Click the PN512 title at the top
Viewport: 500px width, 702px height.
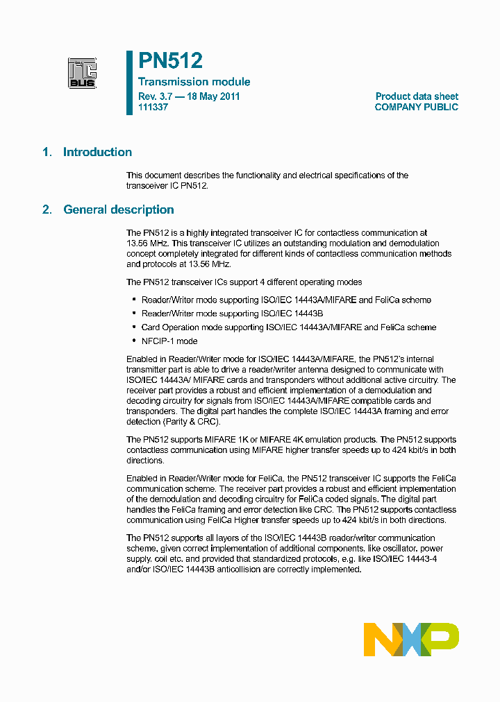(x=170, y=62)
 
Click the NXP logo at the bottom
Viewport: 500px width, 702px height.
(x=411, y=639)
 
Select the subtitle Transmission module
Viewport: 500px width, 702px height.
(x=194, y=82)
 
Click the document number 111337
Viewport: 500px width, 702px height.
(x=153, y=108)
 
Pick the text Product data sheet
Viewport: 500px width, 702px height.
(x=417, y=96)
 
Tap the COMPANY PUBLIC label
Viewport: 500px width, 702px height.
(x=416, y=108)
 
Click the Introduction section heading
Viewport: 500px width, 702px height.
(x=97, y=153)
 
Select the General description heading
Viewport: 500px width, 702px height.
(x=119, y=210)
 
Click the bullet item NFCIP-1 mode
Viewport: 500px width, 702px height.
(x=169, y=341)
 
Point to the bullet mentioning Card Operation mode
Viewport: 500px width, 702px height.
(x=289, y=327)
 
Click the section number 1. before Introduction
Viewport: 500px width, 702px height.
(x=47, y=153)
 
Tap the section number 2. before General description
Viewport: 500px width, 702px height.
(x=47, y=210)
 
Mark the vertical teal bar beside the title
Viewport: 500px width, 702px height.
(x=129, y=82)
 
